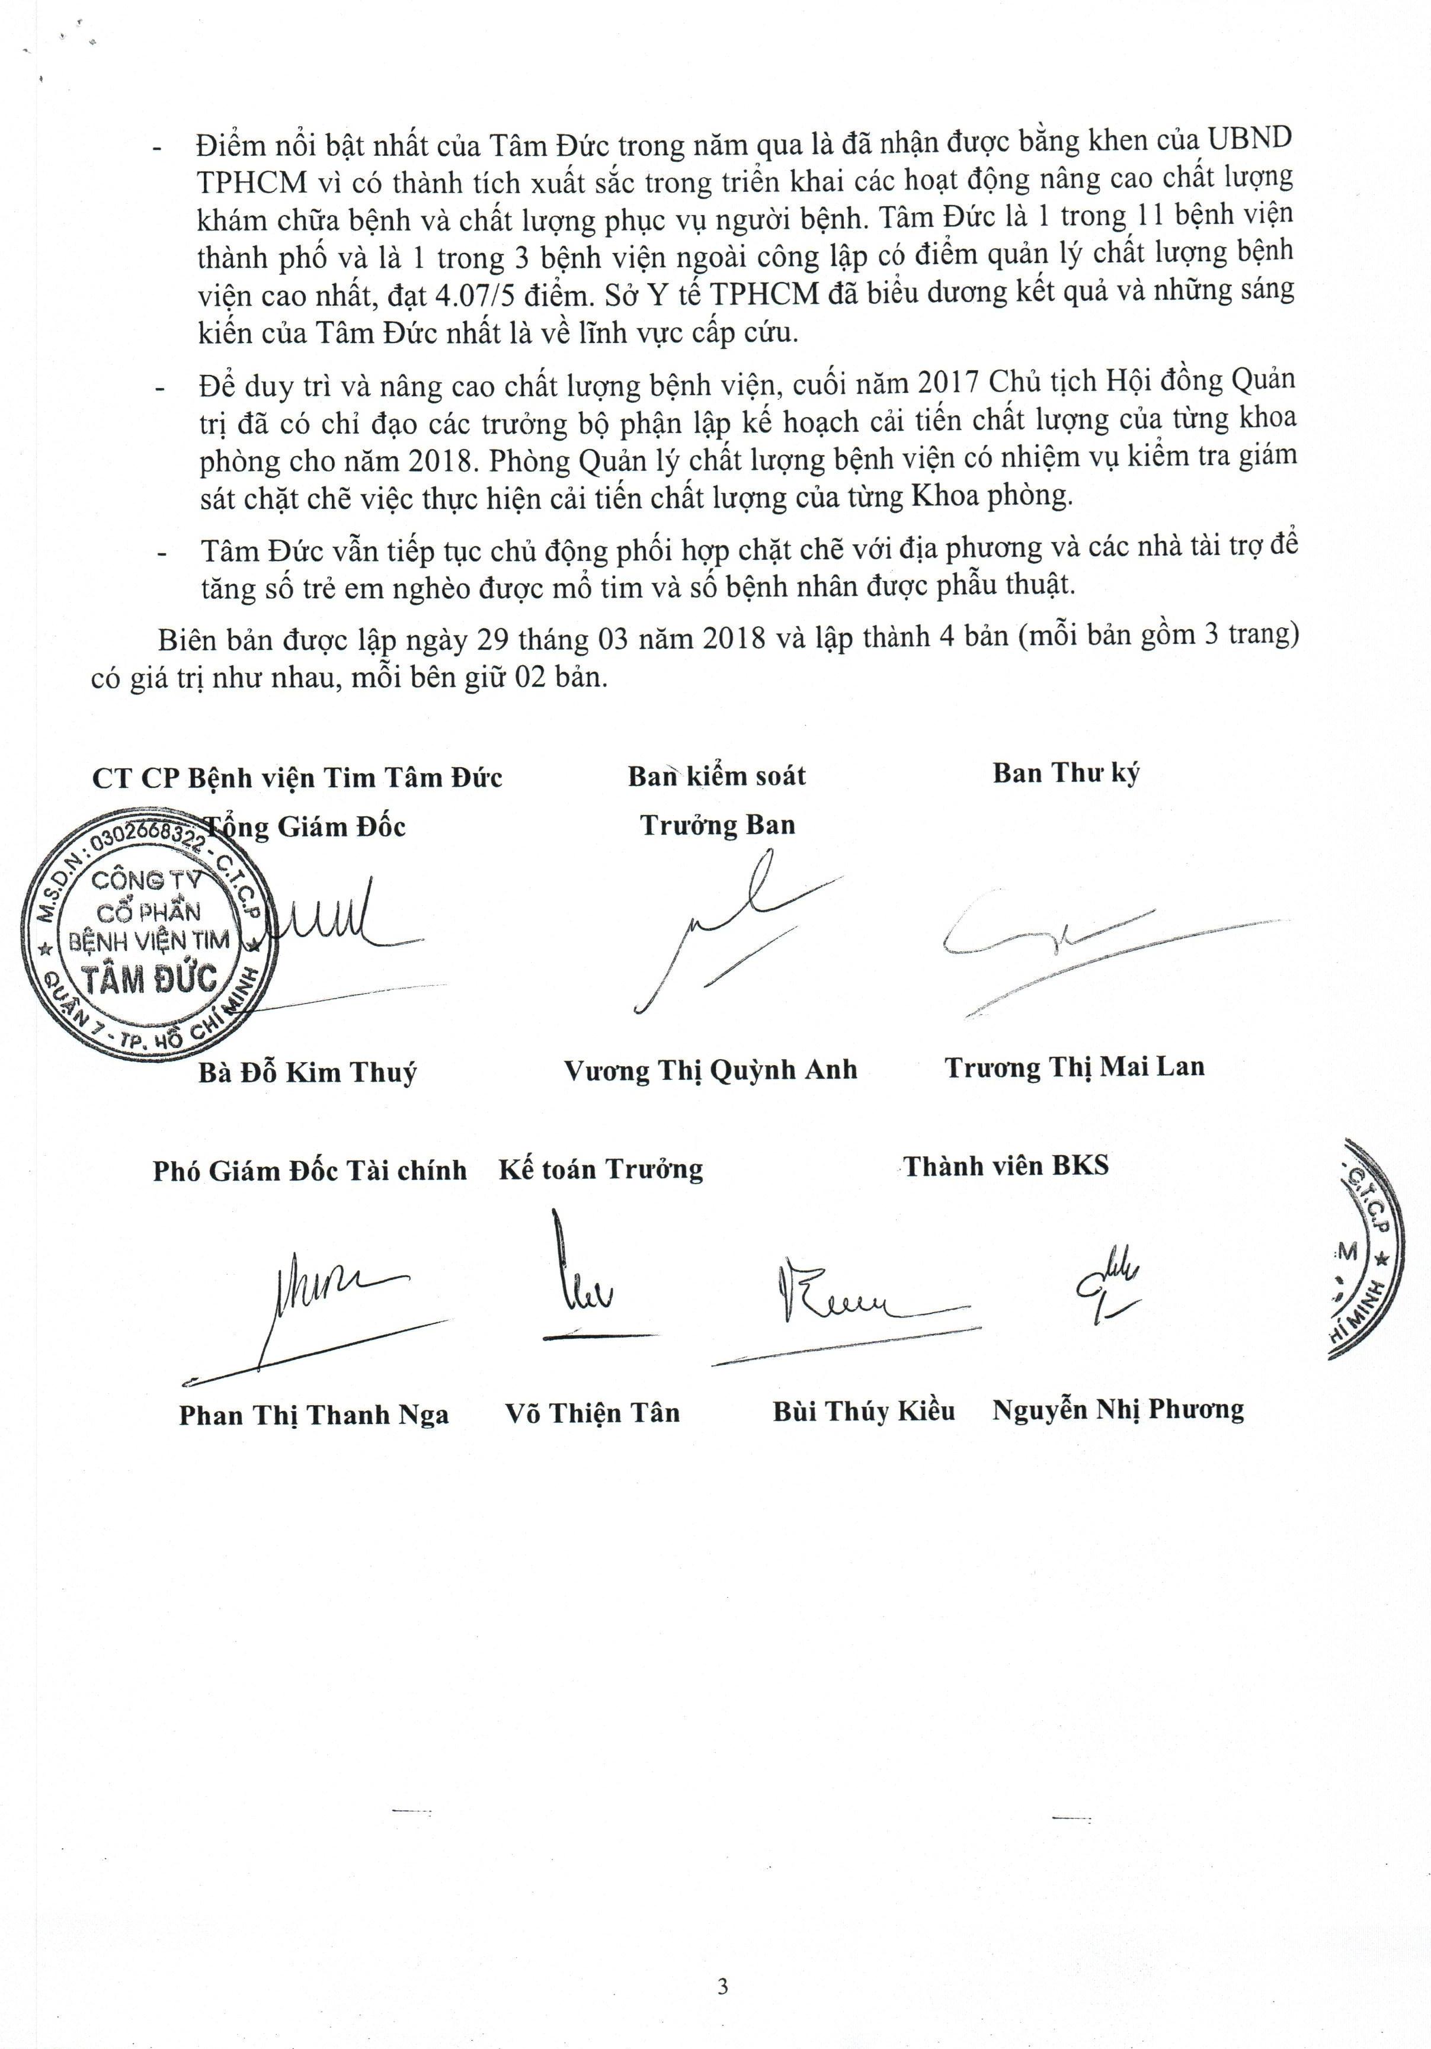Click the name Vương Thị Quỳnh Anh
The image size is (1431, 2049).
pyautogui.click(x=710, y=1069)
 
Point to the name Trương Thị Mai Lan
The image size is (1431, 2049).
pyautogui.click(x=1075, y=1066)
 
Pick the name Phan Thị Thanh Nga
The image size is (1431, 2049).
pyautogui.click(x=313, y=1415)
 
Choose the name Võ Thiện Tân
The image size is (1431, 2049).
pyautogui.click(x=593, y=1413)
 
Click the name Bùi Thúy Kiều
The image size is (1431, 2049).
pyautogui.click(x=863, y=1411)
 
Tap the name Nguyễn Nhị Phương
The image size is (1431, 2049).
pyautogui.click(x=1118, y=1409)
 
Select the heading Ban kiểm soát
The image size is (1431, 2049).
pyautogui.click(x=716, y=775)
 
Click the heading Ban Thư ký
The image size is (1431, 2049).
pyautogui.click(x=1066, y=773)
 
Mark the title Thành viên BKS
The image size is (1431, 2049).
pyautogui.click(x=1006, y=1166)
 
